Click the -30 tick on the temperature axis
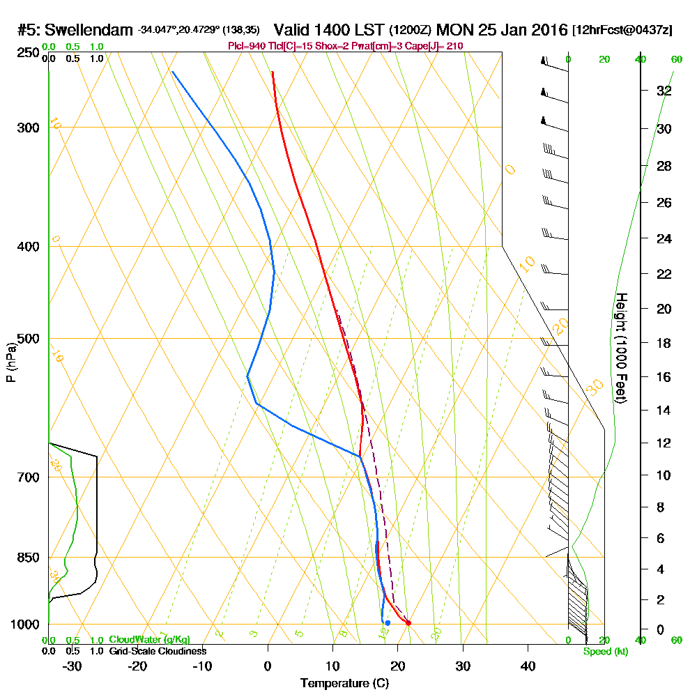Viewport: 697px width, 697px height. [72, 666]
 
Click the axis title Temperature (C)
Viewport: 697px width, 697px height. [344, 684]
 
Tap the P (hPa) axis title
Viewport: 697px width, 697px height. [10, 362]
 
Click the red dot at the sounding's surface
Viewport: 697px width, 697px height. [408, 623]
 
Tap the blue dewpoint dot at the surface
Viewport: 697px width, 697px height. [388, 622]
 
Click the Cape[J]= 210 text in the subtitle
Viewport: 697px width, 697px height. [438, 46]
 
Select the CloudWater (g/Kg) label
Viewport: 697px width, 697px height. [149, 640]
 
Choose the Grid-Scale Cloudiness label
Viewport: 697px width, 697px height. [157, 651]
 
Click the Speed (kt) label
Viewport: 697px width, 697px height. [604, 651]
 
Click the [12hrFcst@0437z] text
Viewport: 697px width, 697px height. [622, 30]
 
